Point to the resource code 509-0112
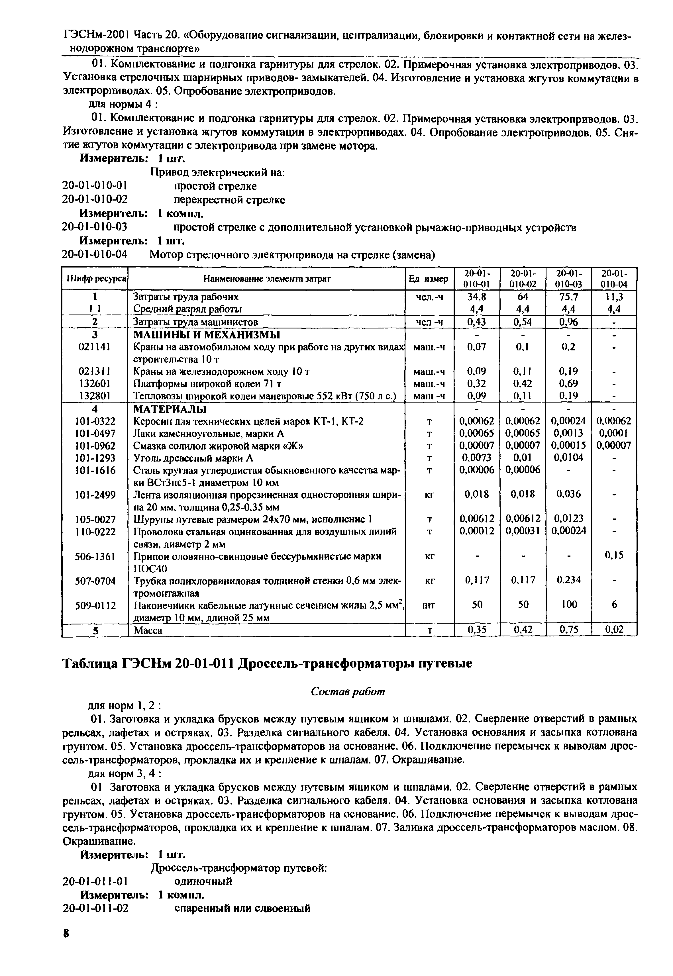point(95,605)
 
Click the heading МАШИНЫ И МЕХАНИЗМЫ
point(206,335)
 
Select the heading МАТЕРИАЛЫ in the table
point(170,409)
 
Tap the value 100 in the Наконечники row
point(569,605)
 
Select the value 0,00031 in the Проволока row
point(523,531)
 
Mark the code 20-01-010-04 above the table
point(95,255)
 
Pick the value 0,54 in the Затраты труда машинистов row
point(523,322)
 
